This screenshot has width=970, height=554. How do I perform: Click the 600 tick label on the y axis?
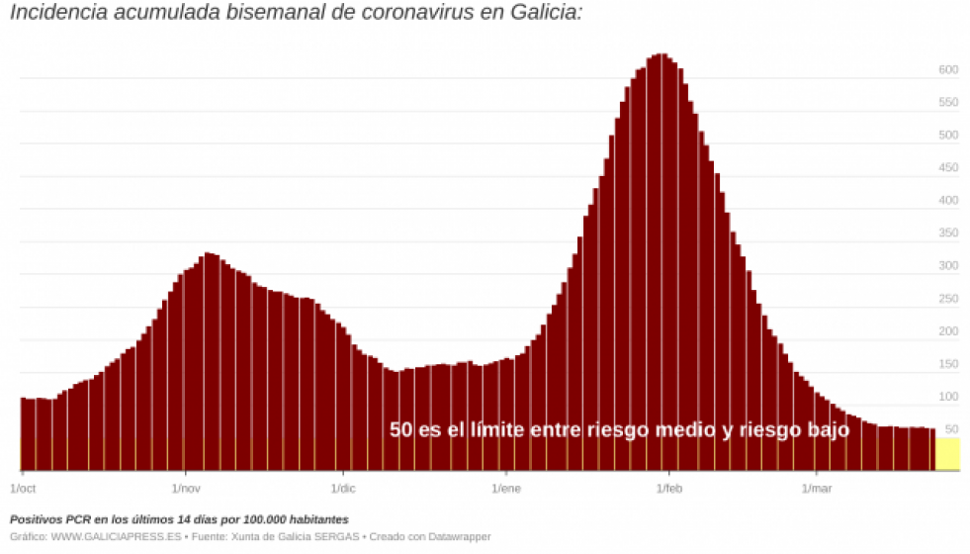coord(948,70)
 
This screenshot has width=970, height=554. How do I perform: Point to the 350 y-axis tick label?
coord(948,233)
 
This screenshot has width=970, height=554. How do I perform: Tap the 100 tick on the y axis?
coord(948,397)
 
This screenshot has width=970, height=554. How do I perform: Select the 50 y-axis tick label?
coord(951,429)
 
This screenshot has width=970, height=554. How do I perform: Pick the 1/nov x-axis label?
coord(186,489)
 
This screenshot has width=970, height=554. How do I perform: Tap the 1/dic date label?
coord(343,489)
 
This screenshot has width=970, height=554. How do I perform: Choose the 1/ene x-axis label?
coord(505,489)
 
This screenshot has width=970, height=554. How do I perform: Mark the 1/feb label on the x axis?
coord(669,489)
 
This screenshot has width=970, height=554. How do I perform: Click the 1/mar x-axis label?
coord(817,489)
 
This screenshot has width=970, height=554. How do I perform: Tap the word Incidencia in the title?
coord(57,14)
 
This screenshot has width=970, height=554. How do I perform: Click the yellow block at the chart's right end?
coord(947,454)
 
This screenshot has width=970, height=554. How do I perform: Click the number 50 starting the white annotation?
coord(400,430)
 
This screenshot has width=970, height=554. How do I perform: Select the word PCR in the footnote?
coord(80,519)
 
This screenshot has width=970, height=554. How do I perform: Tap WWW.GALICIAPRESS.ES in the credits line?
coord(116,536)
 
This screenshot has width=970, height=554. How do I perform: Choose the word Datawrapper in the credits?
coord(459,536)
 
